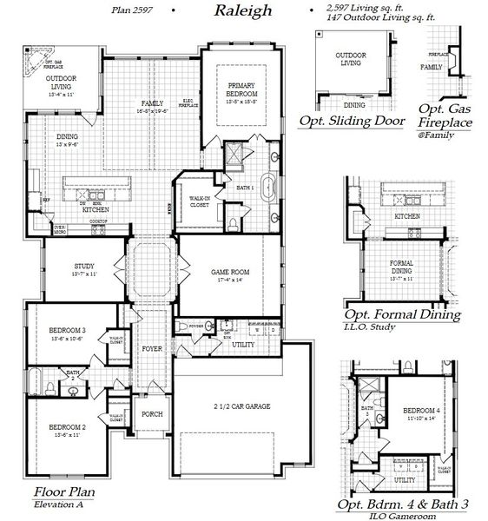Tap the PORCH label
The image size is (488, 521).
(x=153, y=413)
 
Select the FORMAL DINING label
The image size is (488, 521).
(x=401, y=267)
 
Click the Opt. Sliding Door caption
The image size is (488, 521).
(x=351, y=122)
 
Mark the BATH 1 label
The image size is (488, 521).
(x=245, y=188)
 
